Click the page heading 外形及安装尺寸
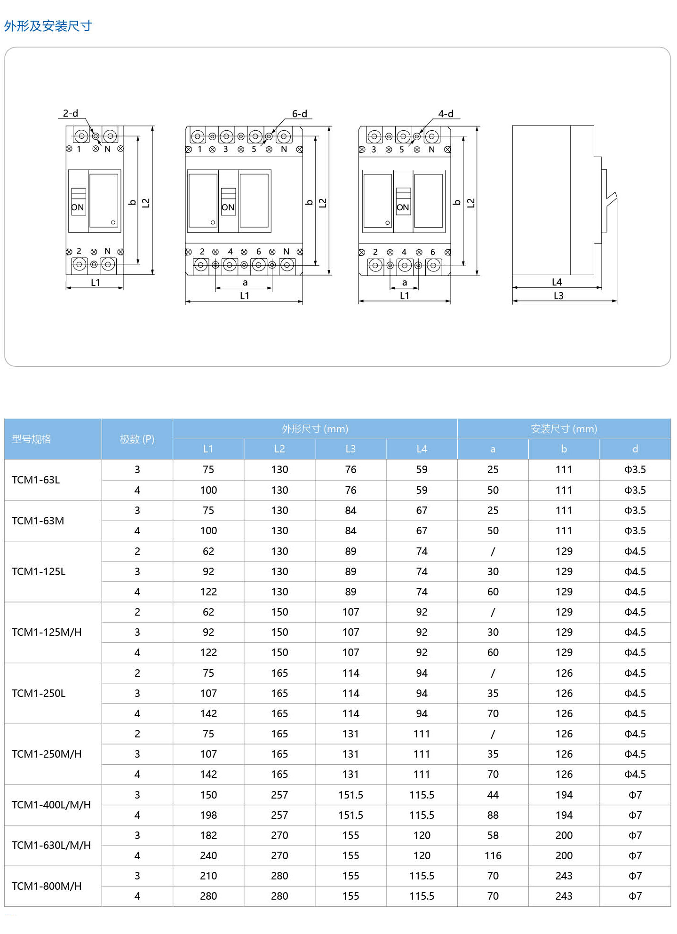48,26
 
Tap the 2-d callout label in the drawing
71,113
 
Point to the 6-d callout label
299,114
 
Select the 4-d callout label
446,114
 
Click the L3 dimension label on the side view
558,296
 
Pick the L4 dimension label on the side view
557,282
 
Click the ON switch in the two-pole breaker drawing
78,207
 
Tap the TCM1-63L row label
36,480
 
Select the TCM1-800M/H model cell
47,886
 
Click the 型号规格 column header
32,439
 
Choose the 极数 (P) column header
137,439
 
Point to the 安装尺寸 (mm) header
564,428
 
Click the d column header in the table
635,449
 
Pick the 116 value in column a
493,855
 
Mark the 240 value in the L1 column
208,855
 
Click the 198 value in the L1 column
208,815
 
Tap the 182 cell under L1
208,835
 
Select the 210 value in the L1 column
208,876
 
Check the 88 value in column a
493,815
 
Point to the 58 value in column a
493,835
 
